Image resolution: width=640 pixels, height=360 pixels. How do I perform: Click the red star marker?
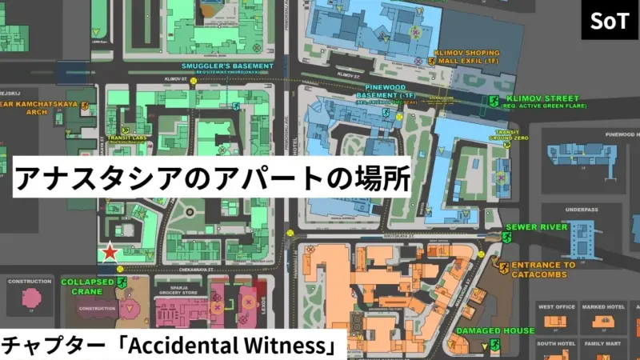point(110,253)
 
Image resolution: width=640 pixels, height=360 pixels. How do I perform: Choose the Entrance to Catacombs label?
point(543,270)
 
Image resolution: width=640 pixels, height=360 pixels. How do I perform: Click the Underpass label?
point(581,210)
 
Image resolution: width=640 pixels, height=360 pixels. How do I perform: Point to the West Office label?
point(557,306)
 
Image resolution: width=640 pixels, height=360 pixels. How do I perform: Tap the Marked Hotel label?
point(603,306)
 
